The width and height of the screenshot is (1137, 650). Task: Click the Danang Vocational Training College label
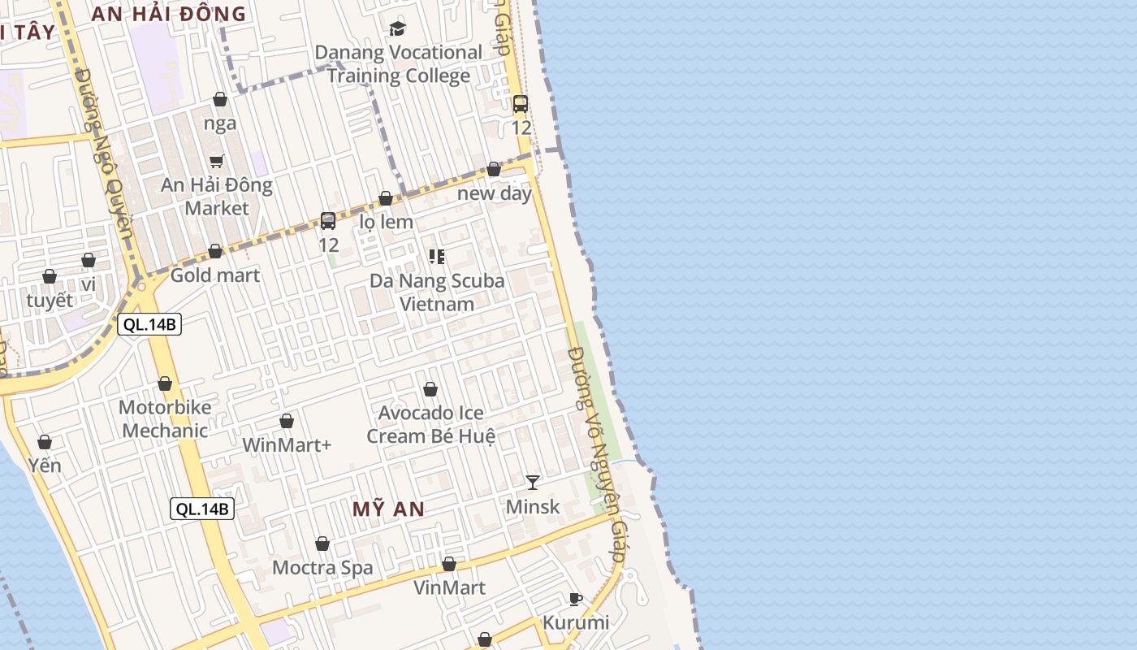tap(398, 64)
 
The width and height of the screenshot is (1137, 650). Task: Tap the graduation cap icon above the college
tap(397, 29)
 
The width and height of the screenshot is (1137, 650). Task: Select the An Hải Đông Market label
tap(217, 197)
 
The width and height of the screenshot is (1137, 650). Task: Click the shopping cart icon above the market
tap(217, 161)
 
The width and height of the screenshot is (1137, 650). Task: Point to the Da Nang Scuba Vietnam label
tap(437, 292)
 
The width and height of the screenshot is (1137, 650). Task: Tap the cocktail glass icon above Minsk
tap(532, 483)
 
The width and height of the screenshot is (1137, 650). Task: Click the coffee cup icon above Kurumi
tap(576, 600)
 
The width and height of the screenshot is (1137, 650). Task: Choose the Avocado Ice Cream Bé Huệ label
tap(430, 424)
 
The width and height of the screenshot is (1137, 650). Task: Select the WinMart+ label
tap(287, 445)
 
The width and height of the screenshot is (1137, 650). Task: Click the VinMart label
tap(449, 587)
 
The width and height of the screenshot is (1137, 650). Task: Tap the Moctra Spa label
tap(322, 567)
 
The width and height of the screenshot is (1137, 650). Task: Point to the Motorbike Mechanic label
tap(165, 418)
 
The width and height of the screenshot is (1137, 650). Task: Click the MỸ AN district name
tap(388, 509)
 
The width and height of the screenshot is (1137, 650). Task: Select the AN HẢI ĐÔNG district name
tap(168, 14)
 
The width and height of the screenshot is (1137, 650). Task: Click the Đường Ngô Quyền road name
tap(104, 162)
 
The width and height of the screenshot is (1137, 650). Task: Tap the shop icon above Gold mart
tap(215, 252)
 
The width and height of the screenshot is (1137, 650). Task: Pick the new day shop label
tap(494, 193)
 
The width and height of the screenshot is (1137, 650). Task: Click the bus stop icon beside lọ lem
tap(328, 221)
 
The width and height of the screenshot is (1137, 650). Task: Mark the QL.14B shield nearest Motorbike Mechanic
tap(149, 325)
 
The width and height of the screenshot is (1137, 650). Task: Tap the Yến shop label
tap(45, 466)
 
